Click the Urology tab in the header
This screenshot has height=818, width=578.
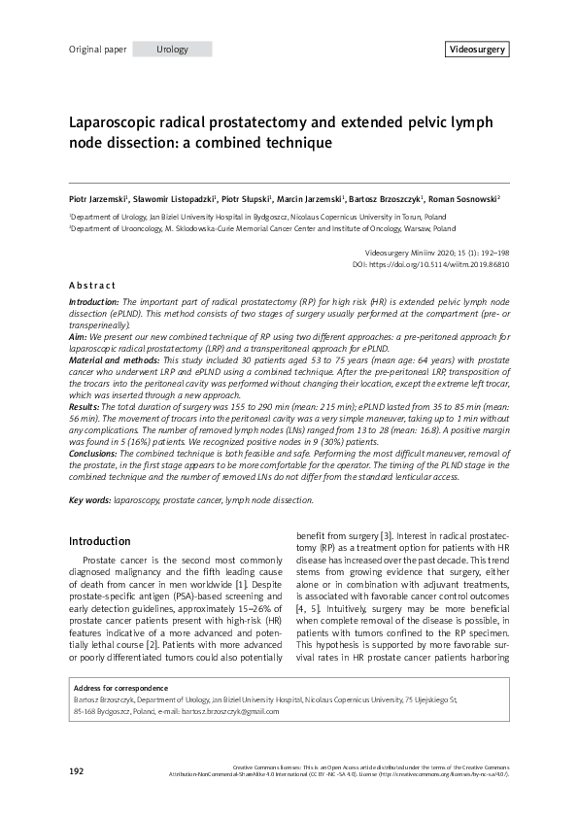[x=171, y=50]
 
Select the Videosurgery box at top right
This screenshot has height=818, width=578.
[x=476, y=50]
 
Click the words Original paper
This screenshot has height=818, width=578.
[x=97, y=50]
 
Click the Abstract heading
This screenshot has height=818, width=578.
[x=92, y=286]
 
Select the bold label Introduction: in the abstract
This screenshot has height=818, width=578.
[x=95, y=303]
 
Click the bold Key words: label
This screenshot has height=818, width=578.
[x=89, y=500]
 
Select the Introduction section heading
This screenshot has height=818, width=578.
[x=101, y=540]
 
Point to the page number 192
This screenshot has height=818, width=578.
[x=77, y=770]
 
